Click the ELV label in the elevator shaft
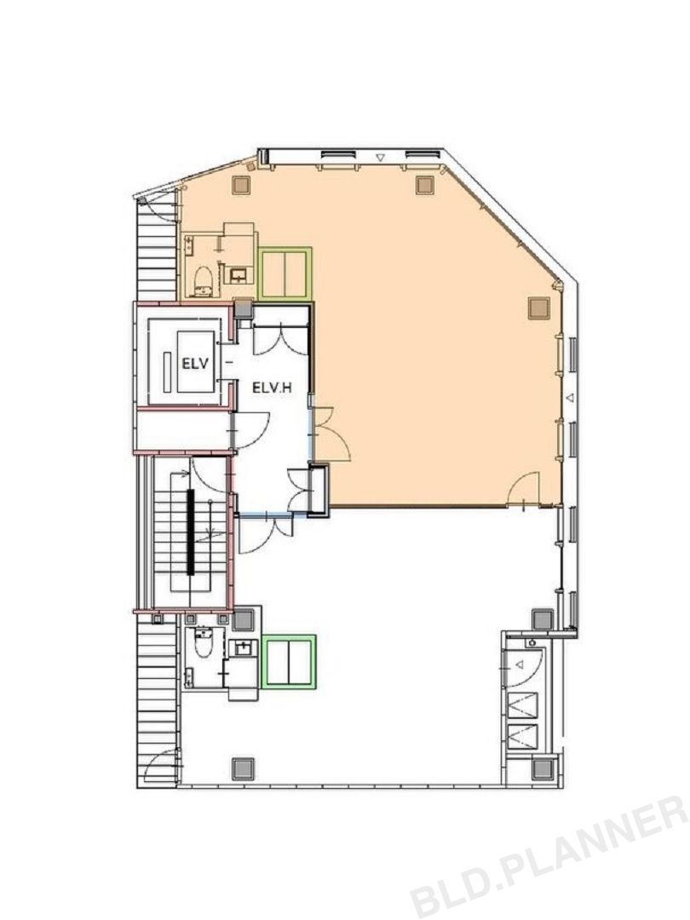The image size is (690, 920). [195, 364]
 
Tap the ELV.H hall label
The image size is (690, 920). [273, 388]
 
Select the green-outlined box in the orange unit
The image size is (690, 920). [285, 273]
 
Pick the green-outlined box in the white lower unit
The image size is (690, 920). [290, 661]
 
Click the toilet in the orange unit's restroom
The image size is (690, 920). [203, 280]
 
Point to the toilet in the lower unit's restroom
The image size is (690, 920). [204, 644]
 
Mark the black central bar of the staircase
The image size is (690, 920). [190, 532]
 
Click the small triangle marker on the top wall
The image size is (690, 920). [380, 158]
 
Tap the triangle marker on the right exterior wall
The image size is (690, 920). [568, 399]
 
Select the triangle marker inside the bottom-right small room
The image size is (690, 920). [520, 664]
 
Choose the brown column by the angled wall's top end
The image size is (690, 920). [425, 185]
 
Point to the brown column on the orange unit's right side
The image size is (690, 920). [538, 308]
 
